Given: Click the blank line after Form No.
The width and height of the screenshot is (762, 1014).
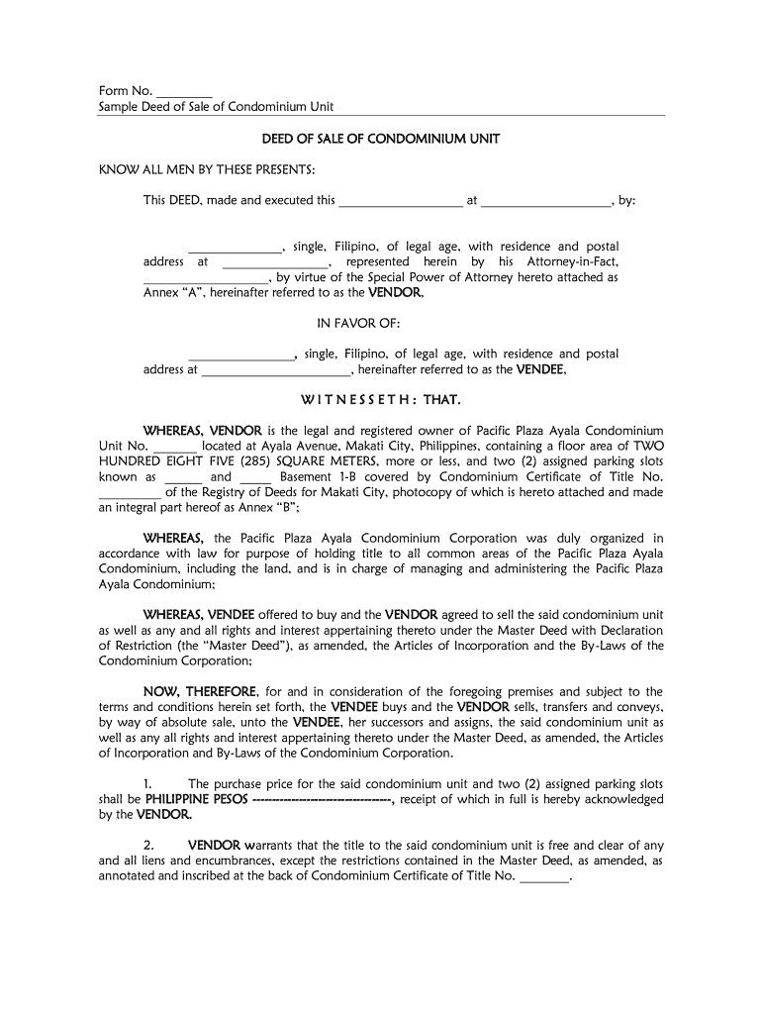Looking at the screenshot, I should pyautogui.click(x=184, y=91).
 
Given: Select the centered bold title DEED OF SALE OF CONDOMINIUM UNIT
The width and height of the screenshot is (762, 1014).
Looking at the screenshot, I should pyautogui.click(x=380, y=140).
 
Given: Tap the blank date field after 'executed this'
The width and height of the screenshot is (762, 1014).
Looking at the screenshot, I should pyautogui.click(x=401, y=201).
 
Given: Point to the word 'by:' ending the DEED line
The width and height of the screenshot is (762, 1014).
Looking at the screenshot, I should pyautogui.click(x=626, y=201).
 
